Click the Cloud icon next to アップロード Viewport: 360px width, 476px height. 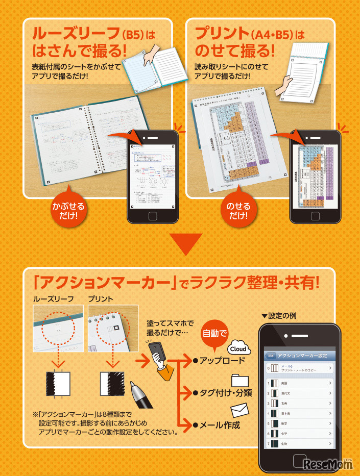click(238, 349)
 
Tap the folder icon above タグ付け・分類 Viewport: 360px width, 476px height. click(239, 381)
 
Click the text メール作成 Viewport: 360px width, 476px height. click(220, 424)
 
